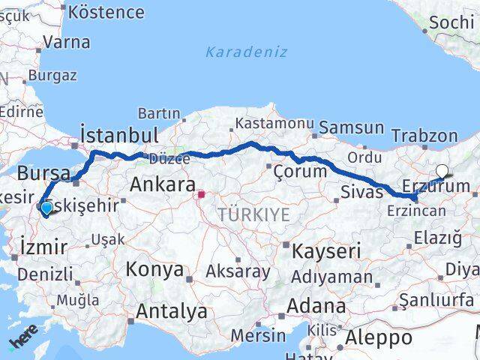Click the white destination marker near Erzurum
[442, 172]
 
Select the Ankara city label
[163, 184]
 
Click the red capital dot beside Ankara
[201, 195]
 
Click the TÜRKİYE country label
[253, 215]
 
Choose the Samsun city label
[350, 127]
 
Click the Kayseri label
[326, 250]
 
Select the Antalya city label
[171, 310]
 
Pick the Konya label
[154, 269]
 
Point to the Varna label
[66, 42]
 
